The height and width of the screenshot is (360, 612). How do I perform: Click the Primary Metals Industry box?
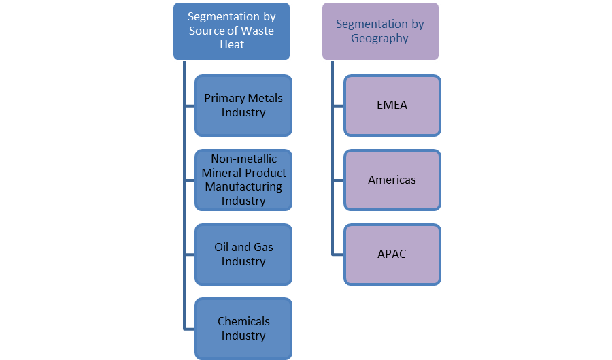point(243,105)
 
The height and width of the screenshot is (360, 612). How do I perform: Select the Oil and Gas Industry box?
point(243,254)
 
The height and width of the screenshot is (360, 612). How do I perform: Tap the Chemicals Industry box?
point(243,328)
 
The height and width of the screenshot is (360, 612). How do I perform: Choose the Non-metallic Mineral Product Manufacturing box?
point(243,180)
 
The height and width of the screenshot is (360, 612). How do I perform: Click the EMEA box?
point(392,105)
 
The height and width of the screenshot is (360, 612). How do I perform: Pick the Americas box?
point(392,180)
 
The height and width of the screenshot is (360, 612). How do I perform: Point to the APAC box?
point(392,254)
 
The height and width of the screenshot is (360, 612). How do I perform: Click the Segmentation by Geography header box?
point(379,31)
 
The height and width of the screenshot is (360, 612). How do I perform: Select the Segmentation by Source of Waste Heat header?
point(232,31)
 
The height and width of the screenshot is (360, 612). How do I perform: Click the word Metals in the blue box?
point(262,99)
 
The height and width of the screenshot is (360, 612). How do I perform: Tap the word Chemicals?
point(243,321)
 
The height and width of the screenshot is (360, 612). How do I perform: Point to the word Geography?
point(379,38)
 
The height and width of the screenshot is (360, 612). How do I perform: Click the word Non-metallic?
point(243,159)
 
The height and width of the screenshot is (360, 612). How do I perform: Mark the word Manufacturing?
point(243,186)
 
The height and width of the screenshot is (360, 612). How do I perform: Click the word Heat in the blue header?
point(232,44)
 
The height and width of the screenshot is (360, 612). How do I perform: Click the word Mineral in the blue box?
point(220,173)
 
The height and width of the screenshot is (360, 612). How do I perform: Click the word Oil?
point(222,247)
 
